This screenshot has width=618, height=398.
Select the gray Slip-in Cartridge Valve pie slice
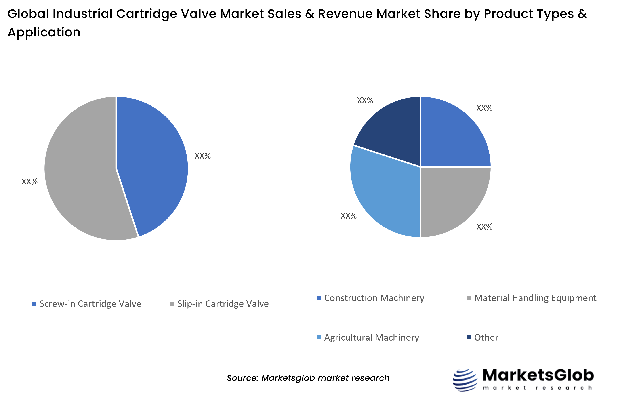(80, 176)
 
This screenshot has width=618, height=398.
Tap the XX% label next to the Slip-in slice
(29, 182)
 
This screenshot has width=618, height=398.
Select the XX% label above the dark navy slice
(365, 101)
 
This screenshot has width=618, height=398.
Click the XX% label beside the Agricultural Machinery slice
(348, 216)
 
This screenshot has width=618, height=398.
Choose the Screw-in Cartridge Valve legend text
(90, 304)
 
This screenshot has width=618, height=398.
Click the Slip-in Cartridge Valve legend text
(223, 304)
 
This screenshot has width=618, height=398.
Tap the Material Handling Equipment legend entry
(535, 298)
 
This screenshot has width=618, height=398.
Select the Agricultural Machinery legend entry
(371, 337)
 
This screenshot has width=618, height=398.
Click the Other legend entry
(486, 337)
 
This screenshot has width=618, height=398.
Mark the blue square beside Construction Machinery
(319, 298)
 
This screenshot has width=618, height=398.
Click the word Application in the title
(44, 32)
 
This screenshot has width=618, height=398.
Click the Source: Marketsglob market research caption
(308, 378)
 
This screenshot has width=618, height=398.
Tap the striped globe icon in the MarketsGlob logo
(465, 380)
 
